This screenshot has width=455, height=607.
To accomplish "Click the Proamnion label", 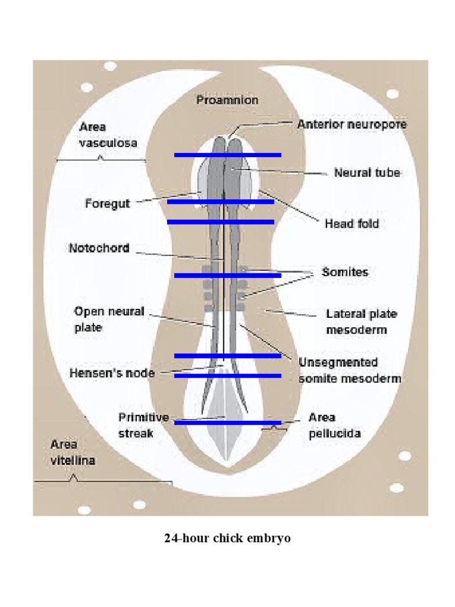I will point(227,100).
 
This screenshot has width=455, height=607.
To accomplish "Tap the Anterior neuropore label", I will point(352,124).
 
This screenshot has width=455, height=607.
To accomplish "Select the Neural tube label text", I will point(367,173).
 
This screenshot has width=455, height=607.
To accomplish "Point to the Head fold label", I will point(351,223).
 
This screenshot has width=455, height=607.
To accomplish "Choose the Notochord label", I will point(99,248).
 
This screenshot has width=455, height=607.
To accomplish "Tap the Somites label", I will point(344,272).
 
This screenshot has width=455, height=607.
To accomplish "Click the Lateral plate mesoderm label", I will point(361,321).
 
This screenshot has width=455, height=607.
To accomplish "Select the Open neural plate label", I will point(109,319).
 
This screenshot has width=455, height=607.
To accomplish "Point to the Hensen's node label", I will point(112,373).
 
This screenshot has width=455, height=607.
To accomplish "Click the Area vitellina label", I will point(72,452).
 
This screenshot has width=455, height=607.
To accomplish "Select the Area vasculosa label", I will point(108,135).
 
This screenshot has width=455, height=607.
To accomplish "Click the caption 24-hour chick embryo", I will point(227,539).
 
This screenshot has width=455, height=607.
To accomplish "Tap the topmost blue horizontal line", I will point(227,155).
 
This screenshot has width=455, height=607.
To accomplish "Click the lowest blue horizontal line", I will point(227,423).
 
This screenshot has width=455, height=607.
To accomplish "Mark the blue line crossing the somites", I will point(227,275).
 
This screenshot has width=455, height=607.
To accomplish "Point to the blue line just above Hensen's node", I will point(227,356).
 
